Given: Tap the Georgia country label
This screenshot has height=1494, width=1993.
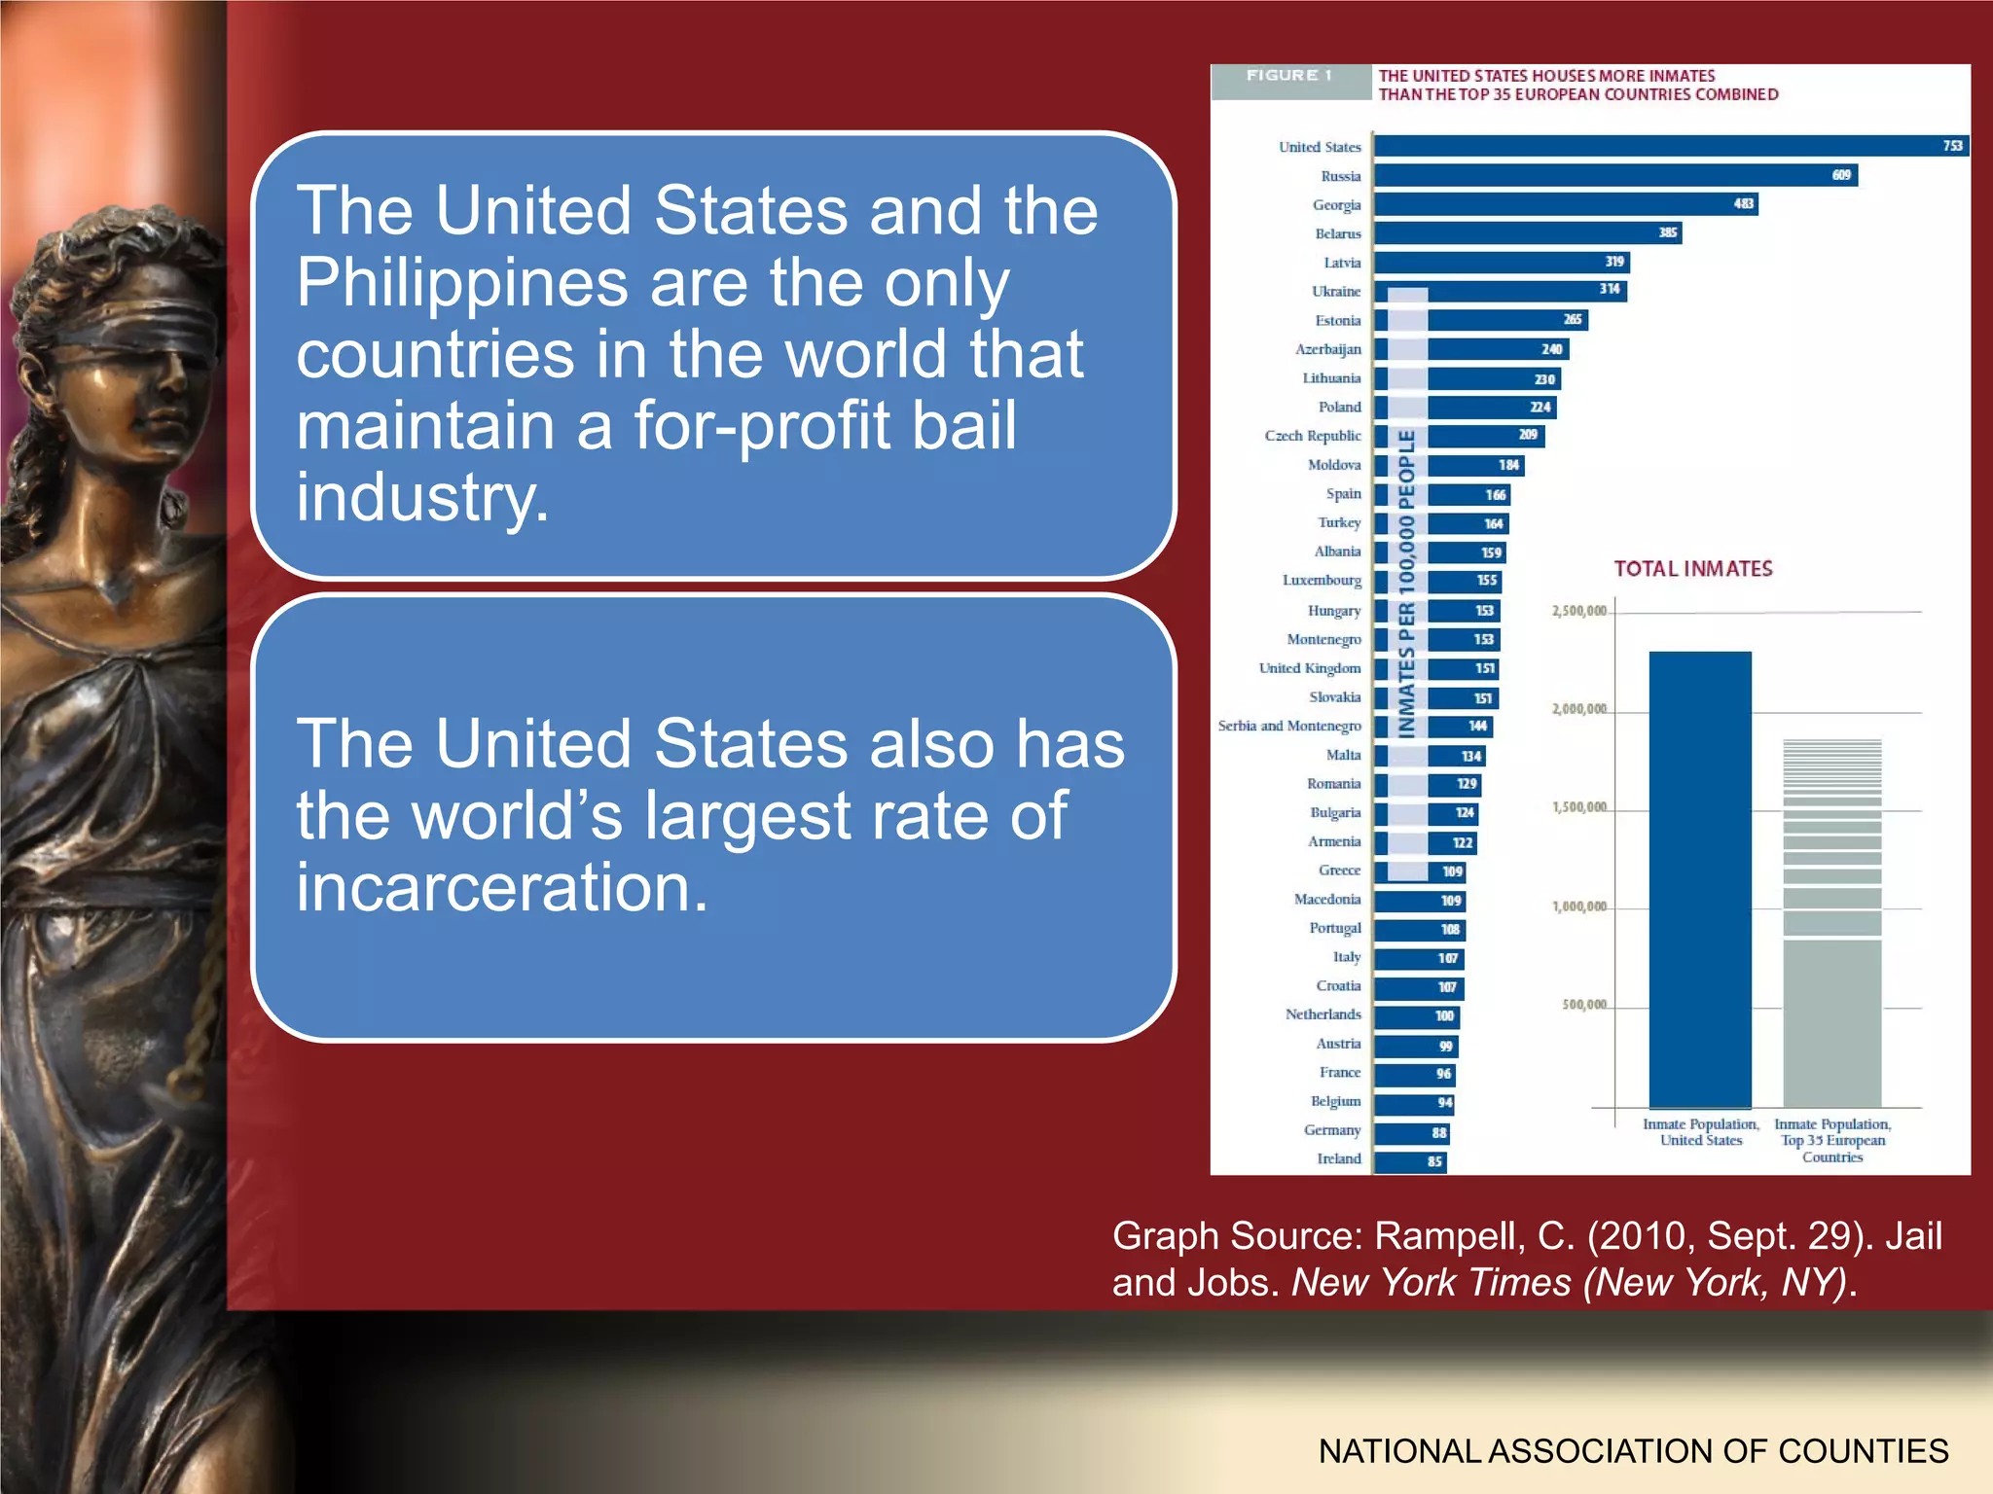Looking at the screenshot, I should (1336, 205).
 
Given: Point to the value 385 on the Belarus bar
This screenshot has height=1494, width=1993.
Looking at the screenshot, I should (1667, 232).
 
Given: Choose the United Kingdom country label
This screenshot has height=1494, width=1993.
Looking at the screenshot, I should (1309, 668).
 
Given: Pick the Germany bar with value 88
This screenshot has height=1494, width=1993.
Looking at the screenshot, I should (1411, 1132).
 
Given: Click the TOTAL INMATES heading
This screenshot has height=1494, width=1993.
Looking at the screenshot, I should (1692, 569).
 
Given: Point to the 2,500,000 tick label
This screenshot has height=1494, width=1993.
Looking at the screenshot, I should (1578, 611).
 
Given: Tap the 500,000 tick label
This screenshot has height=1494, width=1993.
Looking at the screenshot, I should (1584, 1005).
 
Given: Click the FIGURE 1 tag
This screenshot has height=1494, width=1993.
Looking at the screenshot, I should (1288, 76).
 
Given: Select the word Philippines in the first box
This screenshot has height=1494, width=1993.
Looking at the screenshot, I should (462, 282).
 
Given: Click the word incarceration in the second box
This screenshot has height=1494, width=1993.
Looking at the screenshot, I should (501, 887).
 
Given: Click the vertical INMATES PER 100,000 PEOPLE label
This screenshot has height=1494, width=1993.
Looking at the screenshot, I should (1407, 584).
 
